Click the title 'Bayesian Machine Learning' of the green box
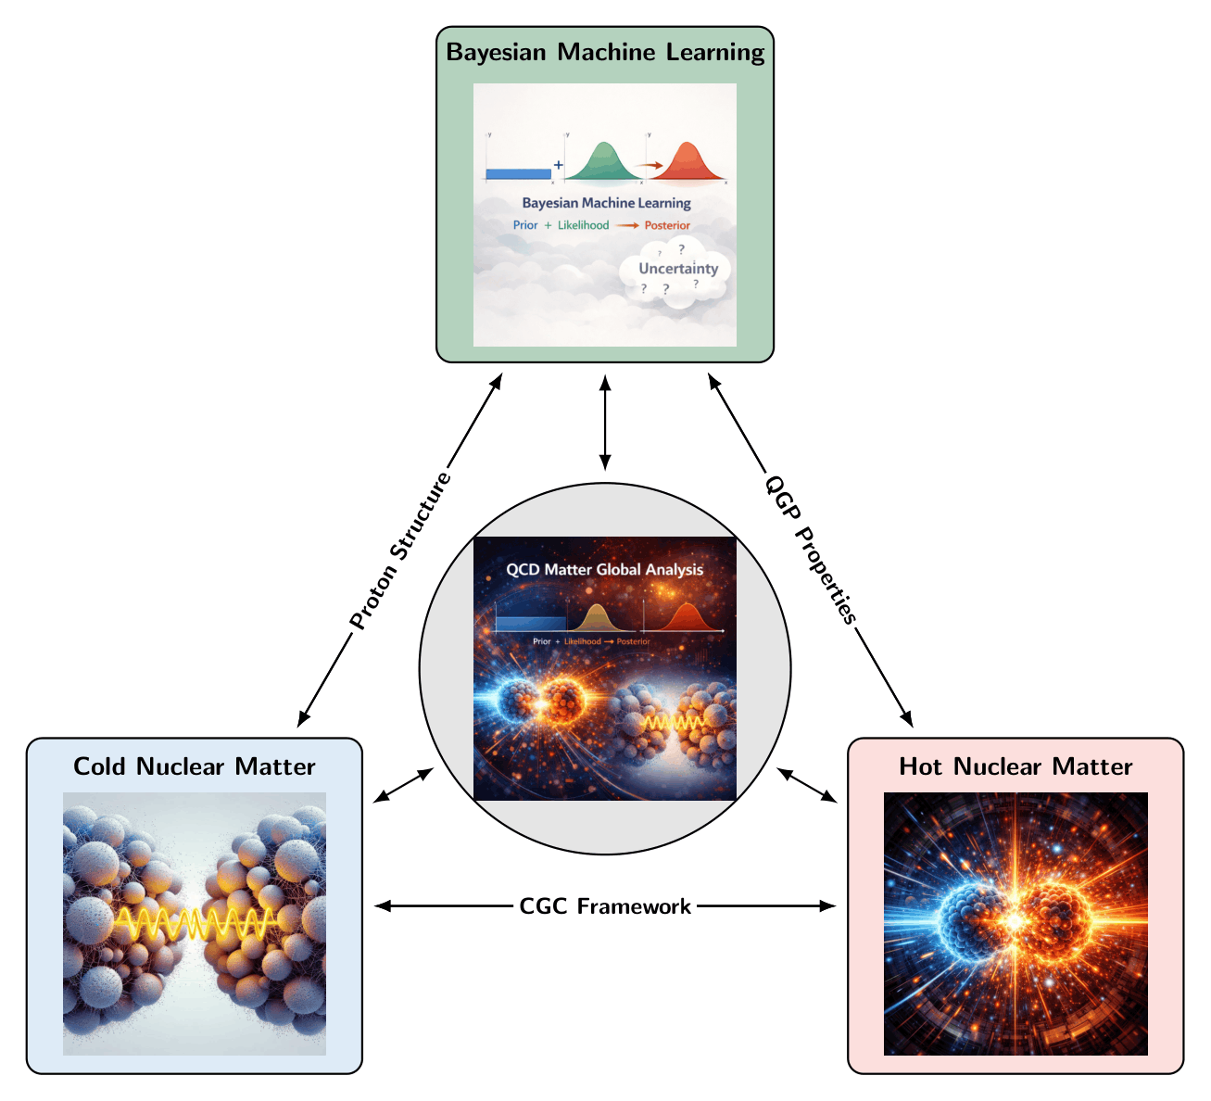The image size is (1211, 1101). pos(605,53)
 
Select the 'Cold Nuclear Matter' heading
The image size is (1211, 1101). pos(194,766)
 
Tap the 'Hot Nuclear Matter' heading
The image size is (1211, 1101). pos(1015,766)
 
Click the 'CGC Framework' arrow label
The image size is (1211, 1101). pos(605,906)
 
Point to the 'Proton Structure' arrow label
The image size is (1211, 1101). pos(399,550)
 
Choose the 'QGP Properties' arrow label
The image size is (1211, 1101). pos(811,550)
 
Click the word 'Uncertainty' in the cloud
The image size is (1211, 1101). pos(678,268)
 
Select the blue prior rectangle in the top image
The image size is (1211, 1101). pos(518,174)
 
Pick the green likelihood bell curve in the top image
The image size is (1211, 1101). pos(603,161)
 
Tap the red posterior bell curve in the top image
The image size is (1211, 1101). pos(687,161)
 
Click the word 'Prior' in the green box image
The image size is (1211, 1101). pos(524,225)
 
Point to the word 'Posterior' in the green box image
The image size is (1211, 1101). pos(666,225)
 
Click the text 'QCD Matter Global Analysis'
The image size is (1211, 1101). pos(604,570)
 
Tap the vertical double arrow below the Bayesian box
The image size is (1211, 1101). pos(605,423)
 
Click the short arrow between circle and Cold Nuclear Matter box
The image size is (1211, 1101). pos(403,785)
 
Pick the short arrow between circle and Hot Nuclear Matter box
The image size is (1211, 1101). pos(806,785)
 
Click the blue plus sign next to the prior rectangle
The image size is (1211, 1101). pos(559,164)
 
